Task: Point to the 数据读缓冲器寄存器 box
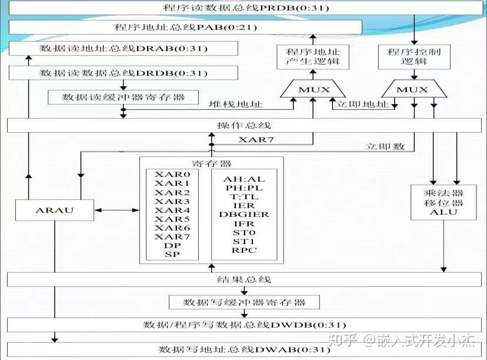123,97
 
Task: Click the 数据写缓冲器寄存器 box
245,302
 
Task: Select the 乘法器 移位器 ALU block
443,203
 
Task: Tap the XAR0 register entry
172,175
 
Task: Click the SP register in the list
172,254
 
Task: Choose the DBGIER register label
244,214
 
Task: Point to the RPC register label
244,250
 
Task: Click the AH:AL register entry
244,179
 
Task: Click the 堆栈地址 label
236,104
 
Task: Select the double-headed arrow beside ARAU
116,210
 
